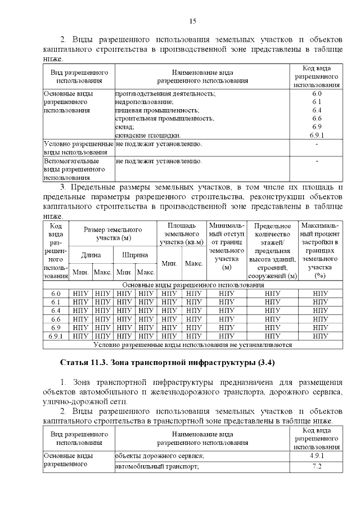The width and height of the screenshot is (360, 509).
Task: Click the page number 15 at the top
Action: point(192,21)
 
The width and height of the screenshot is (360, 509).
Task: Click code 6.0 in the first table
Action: point(316,93)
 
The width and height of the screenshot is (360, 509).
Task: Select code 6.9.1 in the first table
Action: point(316,136)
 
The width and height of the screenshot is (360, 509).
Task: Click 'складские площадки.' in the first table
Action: point(147,136)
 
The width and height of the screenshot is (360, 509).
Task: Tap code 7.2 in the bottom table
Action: point(316,467)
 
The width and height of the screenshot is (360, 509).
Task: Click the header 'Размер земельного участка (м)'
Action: point(112,234)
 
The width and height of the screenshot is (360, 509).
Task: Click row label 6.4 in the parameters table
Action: point(56,310)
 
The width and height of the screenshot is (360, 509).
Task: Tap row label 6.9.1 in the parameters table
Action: point(56,336)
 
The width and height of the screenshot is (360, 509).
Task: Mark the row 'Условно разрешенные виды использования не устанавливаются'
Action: point(192,344)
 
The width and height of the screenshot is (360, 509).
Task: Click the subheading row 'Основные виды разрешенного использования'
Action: point(192,285)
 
